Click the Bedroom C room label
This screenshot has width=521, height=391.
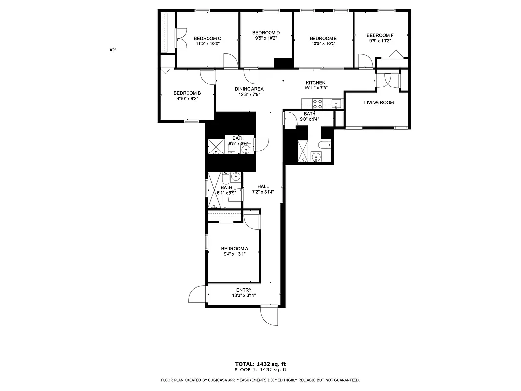208,38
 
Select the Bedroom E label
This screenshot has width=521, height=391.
323,38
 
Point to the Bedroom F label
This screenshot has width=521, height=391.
379,35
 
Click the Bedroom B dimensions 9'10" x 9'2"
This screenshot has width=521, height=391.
187,99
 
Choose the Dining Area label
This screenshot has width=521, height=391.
249,89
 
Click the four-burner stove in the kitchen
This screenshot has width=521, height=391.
317,104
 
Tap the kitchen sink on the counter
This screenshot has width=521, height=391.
336,103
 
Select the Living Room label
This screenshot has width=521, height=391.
378,102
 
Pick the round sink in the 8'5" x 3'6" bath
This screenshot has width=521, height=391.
246,149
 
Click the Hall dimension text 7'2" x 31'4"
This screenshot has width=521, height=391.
263,192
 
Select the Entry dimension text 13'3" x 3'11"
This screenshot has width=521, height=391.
244,296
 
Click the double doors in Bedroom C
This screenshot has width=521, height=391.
181,39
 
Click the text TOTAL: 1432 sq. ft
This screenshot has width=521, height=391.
260,364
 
